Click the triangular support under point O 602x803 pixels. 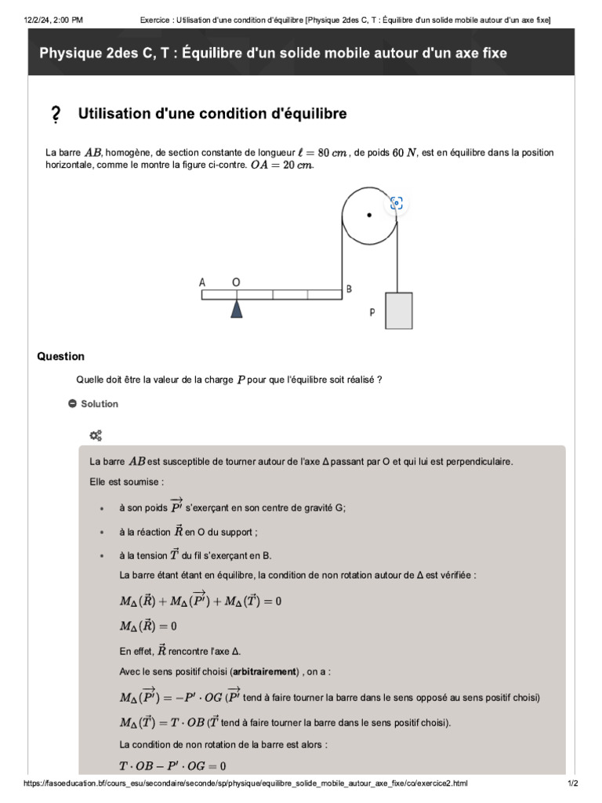tap(236, 309)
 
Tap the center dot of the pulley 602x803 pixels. tap(368, 214)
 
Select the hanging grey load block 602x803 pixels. tap(399, 311)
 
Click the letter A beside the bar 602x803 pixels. tap(202, 282)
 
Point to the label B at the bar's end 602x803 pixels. tap(350, 289)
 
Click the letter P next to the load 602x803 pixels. tap(372, 312)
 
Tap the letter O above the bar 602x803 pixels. tap(236, 282)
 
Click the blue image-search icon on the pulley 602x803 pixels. tap(397, 203)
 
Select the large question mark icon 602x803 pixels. tap(55, 115)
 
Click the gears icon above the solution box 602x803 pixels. tap(96, 435)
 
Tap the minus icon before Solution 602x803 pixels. tap(72, 404)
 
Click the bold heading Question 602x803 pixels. tap(60, 356)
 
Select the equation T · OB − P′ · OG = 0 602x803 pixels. tap(172, 765)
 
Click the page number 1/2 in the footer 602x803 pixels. tap(572, 783)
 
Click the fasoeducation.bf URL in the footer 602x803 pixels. tap(245, 783)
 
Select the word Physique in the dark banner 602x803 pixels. tap(71, 53)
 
